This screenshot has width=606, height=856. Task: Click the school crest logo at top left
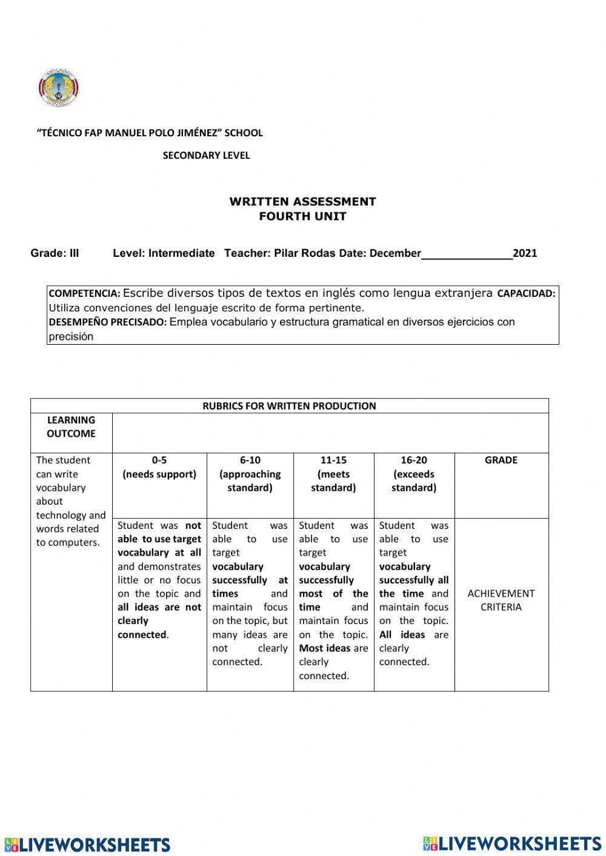58,88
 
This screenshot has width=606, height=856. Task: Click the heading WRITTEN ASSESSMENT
302,202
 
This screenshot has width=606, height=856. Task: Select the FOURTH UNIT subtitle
302,216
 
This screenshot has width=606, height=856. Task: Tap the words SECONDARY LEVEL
206,156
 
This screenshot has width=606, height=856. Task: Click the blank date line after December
467,254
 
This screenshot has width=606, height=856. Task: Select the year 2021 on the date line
525,253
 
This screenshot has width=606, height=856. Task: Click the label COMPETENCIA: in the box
84,294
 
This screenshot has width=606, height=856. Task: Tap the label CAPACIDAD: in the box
525,294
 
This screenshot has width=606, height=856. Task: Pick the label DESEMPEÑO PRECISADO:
107,322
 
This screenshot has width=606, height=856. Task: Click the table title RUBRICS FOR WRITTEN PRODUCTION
289,406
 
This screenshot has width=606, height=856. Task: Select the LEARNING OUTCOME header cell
71,426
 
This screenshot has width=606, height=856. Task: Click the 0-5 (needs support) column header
159,467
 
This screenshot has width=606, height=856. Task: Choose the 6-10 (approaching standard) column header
250,474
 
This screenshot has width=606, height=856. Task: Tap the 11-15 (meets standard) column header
333,474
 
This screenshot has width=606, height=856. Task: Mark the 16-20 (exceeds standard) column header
414,474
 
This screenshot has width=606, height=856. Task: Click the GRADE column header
501,460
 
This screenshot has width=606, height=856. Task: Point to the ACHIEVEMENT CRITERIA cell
501,600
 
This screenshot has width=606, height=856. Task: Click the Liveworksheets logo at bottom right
512,843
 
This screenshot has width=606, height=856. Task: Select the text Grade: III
55,253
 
